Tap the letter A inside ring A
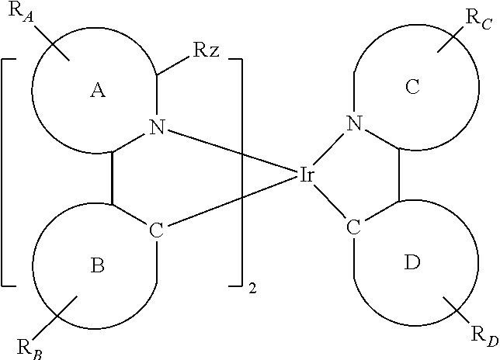(97, 92)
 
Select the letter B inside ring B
(97, 266)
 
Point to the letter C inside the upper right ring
(412, 87)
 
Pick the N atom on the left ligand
(157, 129)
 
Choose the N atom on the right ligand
(354, 122)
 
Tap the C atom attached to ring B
(157, 230)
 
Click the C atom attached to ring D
(354, 227)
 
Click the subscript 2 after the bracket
(252, 289)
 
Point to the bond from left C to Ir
(233, 202)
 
